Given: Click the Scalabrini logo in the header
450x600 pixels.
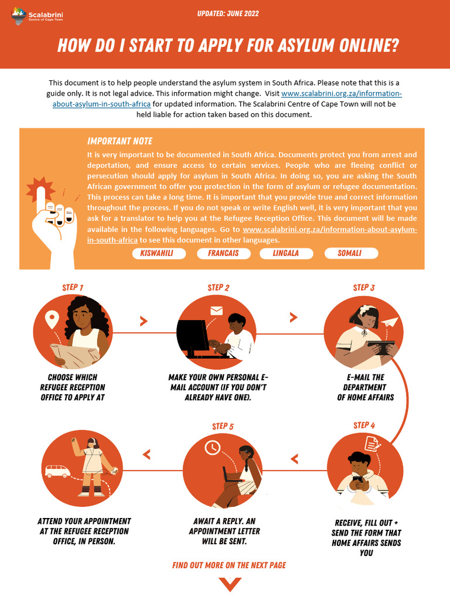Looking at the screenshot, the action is [x=37, y=16].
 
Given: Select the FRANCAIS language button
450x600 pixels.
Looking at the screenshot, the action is [x=223, y=253].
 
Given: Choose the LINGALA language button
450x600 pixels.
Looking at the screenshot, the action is [x=286, y=253].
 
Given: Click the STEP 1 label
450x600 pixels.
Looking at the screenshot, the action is [x=73, y=287].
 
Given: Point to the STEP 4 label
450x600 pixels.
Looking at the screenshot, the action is [x=364, y=425].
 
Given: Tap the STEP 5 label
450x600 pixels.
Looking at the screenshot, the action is [x=223, y=427].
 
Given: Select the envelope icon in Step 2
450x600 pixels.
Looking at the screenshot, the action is [x=217, y=311].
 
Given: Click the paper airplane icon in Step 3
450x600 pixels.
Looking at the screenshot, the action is [x=390, y=323].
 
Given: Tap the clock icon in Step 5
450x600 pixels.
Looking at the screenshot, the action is [x=212, y=447].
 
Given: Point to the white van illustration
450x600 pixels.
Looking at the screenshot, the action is [x=57, y=471].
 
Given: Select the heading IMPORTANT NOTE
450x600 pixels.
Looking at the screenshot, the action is [x=120, y=141].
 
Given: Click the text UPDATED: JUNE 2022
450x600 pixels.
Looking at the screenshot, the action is [x=228, y=14].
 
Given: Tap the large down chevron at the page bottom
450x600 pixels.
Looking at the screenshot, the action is [x=230, y=584].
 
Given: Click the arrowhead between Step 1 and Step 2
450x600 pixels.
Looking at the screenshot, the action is [x=144, y=321].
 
